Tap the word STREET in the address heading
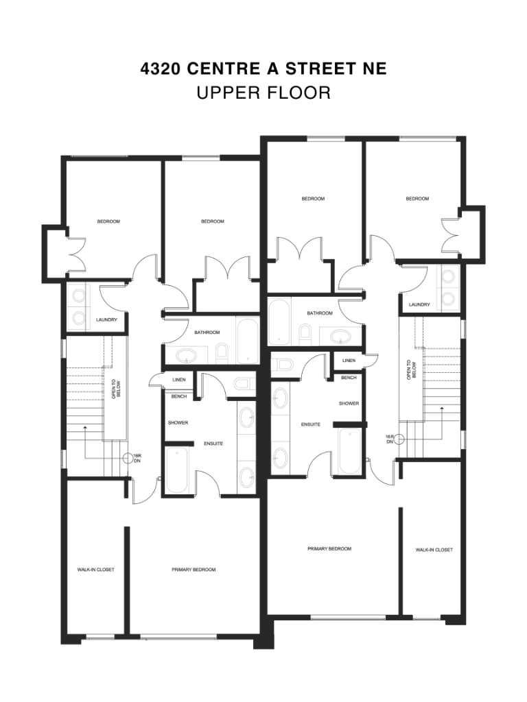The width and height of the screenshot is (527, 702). tap(310, 69)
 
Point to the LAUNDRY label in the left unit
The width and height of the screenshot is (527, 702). tap(106, 319)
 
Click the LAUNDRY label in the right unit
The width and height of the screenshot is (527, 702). tap(419, 304)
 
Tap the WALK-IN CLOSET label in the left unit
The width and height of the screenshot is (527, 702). tap(95, 570)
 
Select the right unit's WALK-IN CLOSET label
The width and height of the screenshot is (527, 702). tap(434, 550)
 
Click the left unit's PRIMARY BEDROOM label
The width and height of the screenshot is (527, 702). tap(194, 570)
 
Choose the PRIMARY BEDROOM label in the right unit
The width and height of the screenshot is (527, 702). tap(329, 549)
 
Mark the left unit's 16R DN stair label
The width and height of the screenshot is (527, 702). tap(137, 458)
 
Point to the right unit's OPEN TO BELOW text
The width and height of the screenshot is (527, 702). tap(410, 371)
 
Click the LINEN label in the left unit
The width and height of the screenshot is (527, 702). tap(179, 380)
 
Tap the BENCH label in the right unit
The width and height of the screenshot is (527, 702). tap(349, 378)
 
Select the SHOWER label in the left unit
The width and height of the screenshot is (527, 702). tap(178, 422)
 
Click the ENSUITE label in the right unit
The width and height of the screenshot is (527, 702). tap(311, 424)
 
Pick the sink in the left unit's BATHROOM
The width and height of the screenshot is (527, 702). tap(185, 356)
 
